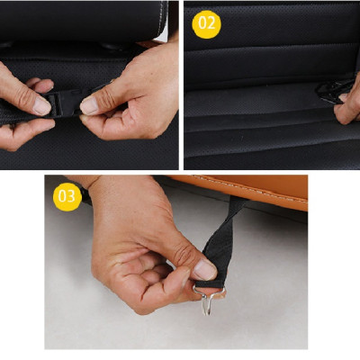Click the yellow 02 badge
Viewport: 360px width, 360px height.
coord(206,24)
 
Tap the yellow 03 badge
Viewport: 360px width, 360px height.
coord(67,197)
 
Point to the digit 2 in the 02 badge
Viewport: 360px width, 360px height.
coord(211,23)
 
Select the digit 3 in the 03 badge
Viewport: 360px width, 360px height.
coord(72,196)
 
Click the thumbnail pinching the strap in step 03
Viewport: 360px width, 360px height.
coord(205,270)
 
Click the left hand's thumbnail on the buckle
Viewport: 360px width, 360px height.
coord(41,105)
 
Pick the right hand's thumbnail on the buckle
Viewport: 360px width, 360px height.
coord(89,106)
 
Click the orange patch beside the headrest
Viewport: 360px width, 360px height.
coord(150,44)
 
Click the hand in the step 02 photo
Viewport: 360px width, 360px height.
coord(348,102)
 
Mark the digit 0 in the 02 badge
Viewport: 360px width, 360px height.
coord(202,23)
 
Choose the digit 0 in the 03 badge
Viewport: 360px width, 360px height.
coord(63,196)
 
